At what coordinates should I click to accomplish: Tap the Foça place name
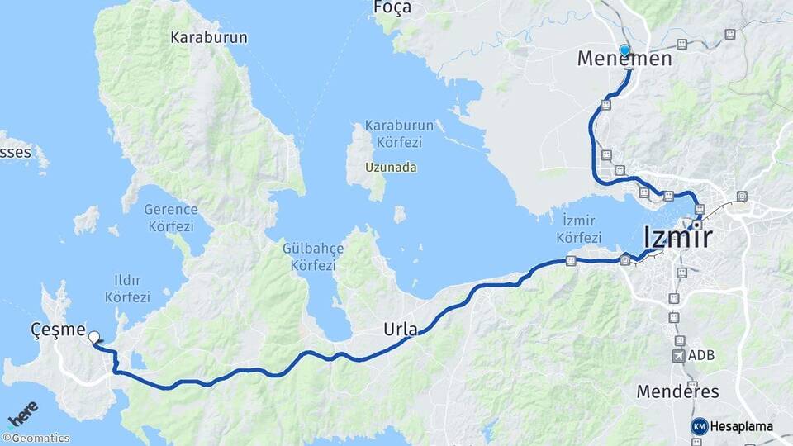(x=392, y=7)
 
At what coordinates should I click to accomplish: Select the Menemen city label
(x=624, y=59)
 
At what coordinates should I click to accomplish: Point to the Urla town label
(x=401, y=329)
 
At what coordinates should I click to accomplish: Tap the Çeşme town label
(x=57, y=330)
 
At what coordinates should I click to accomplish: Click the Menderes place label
(x=677, y=391)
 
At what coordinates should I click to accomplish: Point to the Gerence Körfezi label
(x=170, y=218)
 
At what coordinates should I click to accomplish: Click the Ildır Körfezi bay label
(x=128, y=288)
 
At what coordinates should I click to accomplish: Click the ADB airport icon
(x=679, y=355)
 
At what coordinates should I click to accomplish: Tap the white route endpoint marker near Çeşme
(x=93, y=337)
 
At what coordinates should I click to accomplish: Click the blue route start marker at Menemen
(x=625, y=50)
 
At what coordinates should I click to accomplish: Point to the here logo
(x=22, y=414)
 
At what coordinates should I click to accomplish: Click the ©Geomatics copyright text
(x=36, y=438)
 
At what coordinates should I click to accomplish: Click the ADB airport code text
(x=702, y=355)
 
